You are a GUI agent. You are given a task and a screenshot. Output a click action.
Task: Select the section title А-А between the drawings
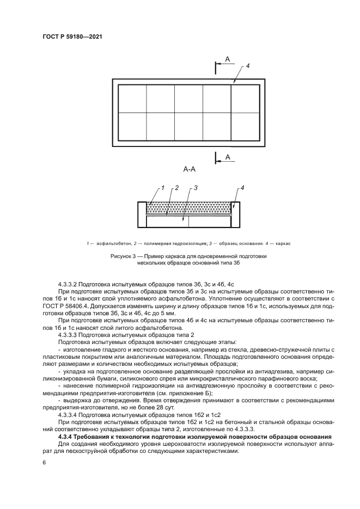[x=190, y=170]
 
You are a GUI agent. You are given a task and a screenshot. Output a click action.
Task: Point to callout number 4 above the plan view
[x=247, y=66]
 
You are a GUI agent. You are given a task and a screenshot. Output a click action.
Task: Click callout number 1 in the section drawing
[x=162, y=187]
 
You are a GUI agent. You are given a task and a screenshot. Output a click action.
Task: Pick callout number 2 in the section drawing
[x=176, y=188]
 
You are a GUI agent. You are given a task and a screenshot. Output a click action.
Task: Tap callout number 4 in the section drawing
[x=242, y=188]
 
